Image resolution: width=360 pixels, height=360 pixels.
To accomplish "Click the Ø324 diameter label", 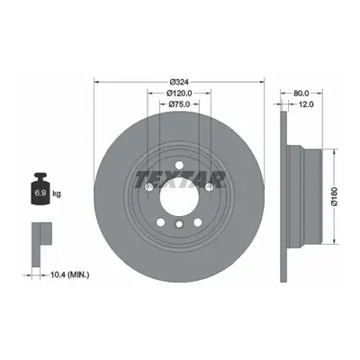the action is [x=179, y=82].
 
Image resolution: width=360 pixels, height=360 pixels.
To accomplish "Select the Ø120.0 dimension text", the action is [x=179, y=94].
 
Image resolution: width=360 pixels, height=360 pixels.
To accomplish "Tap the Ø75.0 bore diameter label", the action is [x=179, y=104].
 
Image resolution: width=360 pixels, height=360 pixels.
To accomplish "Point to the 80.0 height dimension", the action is [x=301, y=94].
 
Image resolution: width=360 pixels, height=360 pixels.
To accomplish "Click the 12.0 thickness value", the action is [x=306, y=104].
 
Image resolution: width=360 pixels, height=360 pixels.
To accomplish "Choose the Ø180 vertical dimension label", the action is [x=335, y=196].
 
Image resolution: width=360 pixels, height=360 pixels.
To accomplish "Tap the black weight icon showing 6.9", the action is [x=40, y=189].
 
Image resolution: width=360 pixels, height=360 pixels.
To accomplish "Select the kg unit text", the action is [x=57, y=193].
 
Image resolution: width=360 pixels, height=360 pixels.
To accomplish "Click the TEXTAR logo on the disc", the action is [x=179, y=180].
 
